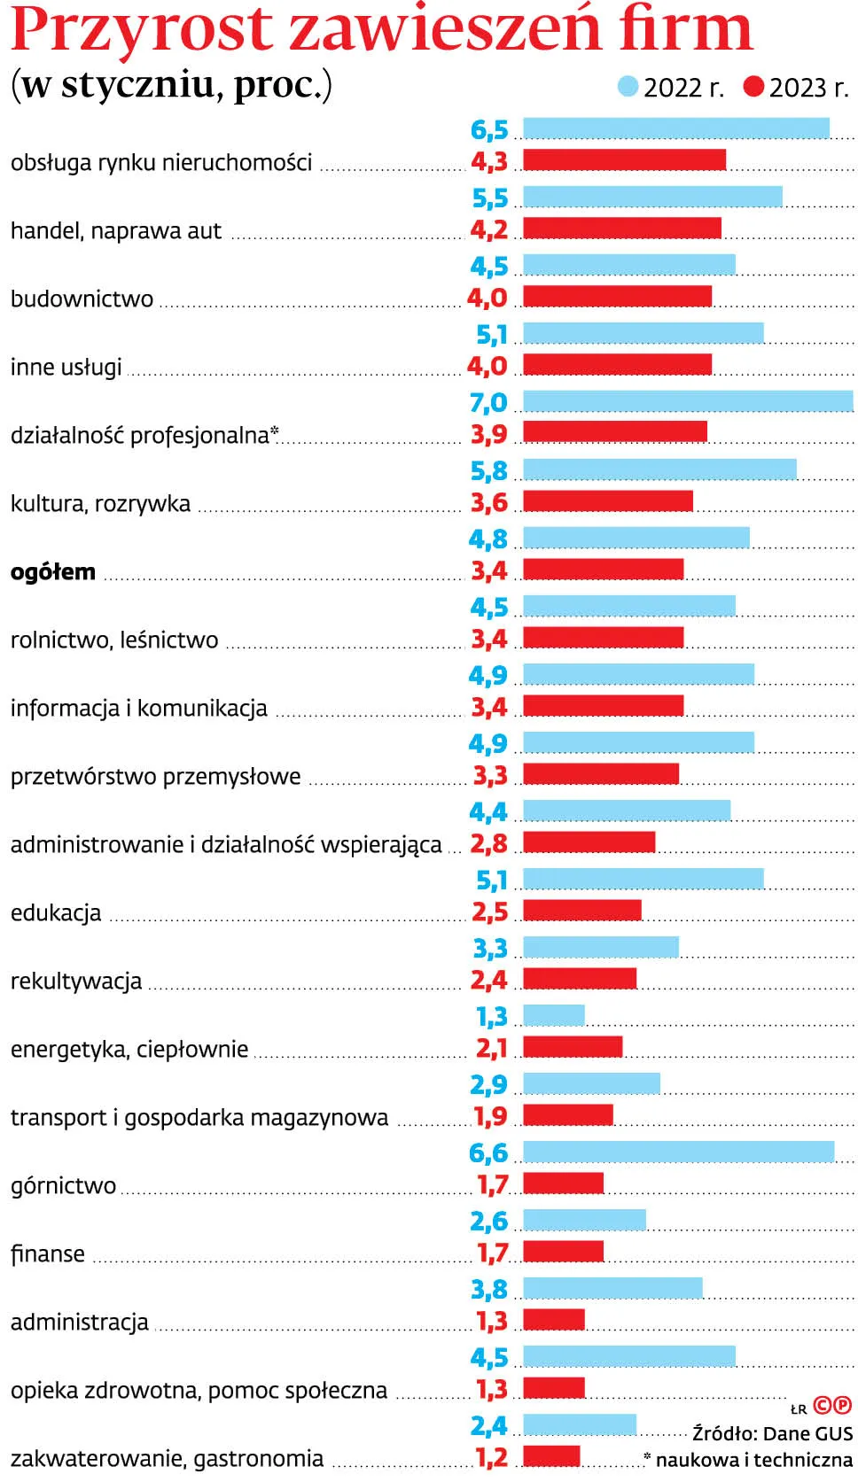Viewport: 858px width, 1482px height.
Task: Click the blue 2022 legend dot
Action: tap(628, 87)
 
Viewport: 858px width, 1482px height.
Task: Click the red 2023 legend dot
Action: tap(753, 87)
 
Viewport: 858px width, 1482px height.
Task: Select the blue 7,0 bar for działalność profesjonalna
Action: tap(688, 401)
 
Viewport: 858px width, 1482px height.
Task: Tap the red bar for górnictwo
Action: tap(563, 1183)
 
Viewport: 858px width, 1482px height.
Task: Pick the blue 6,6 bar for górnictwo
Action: tap(678, 1152)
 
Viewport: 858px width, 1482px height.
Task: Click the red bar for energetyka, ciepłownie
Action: tap(573, 1046)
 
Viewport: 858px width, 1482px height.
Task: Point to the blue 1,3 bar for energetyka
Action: tap(554, 1015)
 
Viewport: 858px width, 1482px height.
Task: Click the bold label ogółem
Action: tap(53, 572)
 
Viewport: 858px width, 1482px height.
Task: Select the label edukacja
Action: tap(56, 913)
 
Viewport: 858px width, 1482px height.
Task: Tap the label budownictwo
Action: tap(82, 299)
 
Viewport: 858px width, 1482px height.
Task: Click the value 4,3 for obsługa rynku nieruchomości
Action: tap(488, 161)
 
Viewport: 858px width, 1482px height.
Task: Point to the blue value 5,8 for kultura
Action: tap(488, 470)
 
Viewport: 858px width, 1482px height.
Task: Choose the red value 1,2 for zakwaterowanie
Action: tap(491, 1457)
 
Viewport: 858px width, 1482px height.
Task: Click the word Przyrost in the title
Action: tap(142, 28)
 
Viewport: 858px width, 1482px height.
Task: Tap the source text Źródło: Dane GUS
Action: tap(772, 1433)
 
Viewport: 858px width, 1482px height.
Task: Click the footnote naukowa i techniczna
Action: tap(753, 1459)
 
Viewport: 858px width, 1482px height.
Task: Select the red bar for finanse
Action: tap(563, 1251)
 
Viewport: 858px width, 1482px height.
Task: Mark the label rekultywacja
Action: tap(76, 982)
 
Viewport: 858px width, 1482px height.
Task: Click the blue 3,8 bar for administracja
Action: tap(612, 1288)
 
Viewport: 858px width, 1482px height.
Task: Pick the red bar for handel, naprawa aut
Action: tap(622, 229)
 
